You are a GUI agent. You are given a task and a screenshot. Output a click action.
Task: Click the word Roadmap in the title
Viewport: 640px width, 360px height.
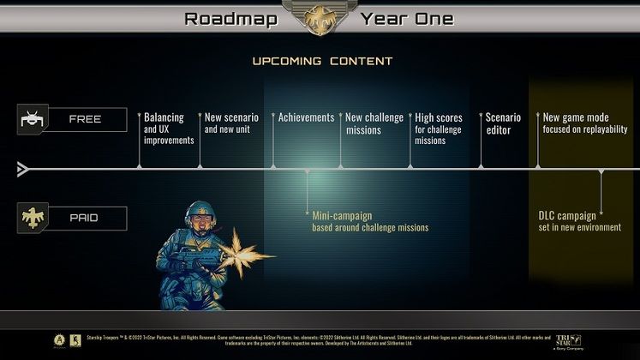point(230,19)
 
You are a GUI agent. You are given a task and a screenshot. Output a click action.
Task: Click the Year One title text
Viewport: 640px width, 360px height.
point(407,19)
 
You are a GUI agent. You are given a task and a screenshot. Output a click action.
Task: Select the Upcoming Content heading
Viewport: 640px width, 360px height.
point(322,62)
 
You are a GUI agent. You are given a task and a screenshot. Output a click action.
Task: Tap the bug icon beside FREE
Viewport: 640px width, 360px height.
point(32,120)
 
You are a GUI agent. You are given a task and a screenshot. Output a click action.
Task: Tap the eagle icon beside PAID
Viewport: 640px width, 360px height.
point(32,218)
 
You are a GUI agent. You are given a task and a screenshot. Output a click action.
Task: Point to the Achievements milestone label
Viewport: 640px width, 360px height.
point(306,117)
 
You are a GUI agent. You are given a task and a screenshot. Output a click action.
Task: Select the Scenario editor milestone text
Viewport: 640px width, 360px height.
point(503,123)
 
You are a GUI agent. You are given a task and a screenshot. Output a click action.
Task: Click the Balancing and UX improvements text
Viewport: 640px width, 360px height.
point(169,129)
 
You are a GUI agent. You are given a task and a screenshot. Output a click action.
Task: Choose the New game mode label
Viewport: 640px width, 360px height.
point(585,123)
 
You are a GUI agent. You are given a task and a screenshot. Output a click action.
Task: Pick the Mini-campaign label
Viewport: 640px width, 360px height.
point(369,221)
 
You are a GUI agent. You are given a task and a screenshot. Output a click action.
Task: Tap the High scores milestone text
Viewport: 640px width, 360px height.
point(438,129)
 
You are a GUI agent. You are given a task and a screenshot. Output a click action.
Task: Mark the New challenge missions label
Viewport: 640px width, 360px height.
point(374,123)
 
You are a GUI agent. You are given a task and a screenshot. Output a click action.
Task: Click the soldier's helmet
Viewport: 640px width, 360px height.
point(200,211)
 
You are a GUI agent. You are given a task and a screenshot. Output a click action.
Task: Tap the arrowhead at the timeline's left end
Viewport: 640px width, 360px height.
point(23,170)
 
